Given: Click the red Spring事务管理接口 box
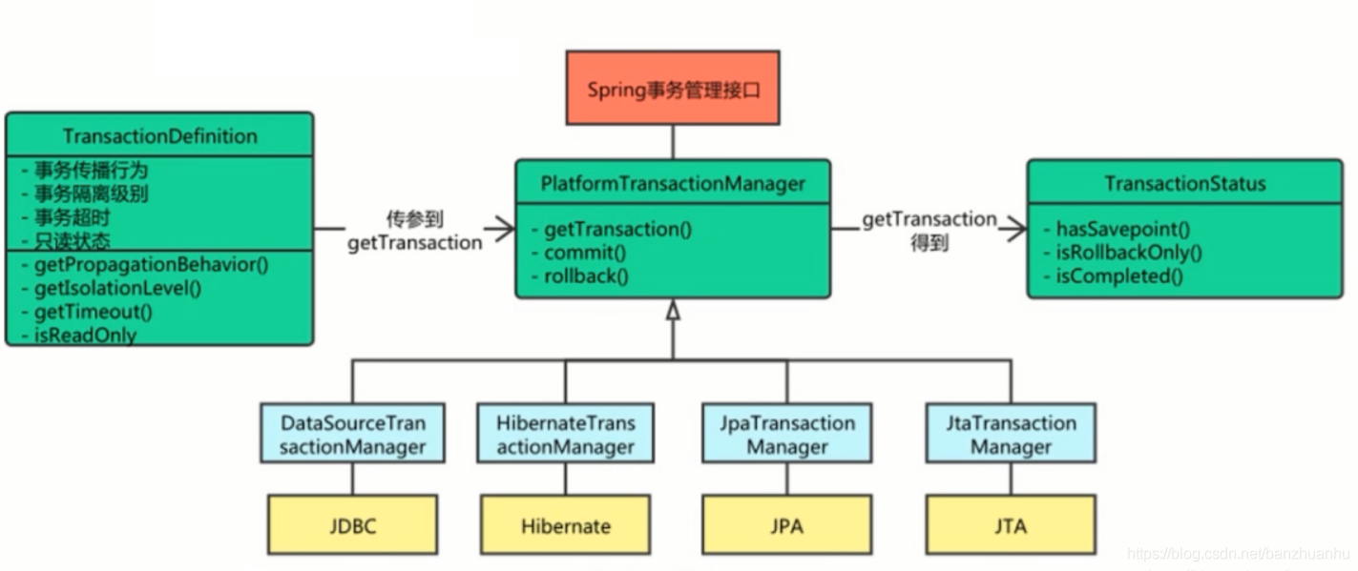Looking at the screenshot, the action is [x=673, y=88].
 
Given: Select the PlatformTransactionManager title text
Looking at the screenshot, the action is [x=673, y=183].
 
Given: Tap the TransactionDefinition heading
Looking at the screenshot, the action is [x=160, y=136].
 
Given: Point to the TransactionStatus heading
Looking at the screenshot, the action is [x=1184, y=183].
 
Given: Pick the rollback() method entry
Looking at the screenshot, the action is [x=586, y=276].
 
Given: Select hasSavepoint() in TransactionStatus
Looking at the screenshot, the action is [x=1123, y=229].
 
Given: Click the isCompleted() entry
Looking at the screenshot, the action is [x=1119, y=276].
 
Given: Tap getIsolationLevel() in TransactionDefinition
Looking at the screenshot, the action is [x=117, y=288].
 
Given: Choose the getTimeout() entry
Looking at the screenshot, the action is [x=93, y=312].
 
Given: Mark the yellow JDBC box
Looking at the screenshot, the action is [x=352, y=525].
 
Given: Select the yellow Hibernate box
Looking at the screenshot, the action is [x=566, y=525].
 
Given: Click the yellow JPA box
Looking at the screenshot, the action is [x=787, y=525].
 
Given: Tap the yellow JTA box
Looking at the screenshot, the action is [x=1011, y=525].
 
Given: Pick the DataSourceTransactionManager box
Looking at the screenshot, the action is [x=352, y=434].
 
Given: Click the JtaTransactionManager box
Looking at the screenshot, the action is [x=1011, y=434].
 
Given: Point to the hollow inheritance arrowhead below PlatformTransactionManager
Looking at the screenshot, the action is [x=673, y=310].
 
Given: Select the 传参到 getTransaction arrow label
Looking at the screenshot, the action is [x=415, y=231].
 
